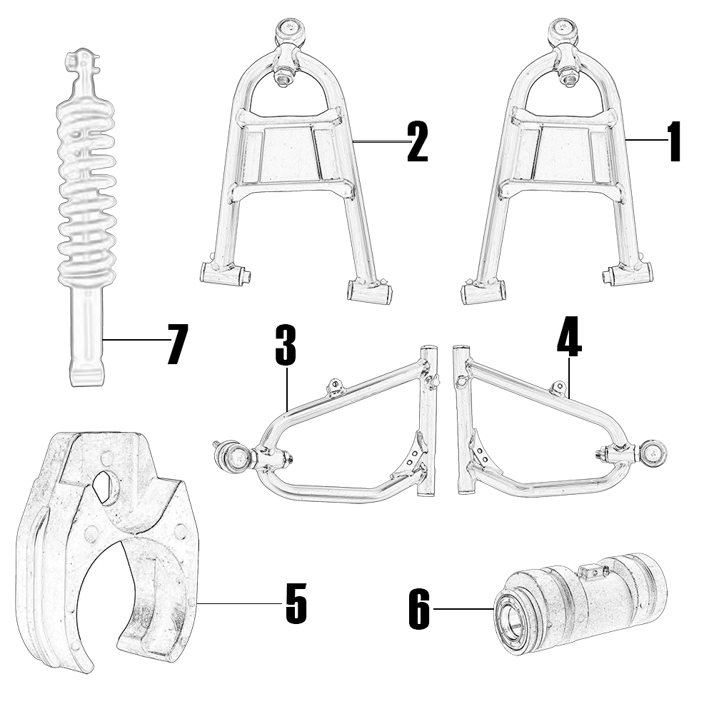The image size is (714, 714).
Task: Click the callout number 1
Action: (x=675, y=141)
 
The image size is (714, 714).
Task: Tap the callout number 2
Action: (x=418, y=141)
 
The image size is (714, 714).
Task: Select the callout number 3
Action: (x=286, y=345)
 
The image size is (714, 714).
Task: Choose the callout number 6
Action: (x=419, y=609)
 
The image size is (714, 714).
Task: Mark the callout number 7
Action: (x=176, y=345)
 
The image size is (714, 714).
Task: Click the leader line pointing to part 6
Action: (x=464, y=608)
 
